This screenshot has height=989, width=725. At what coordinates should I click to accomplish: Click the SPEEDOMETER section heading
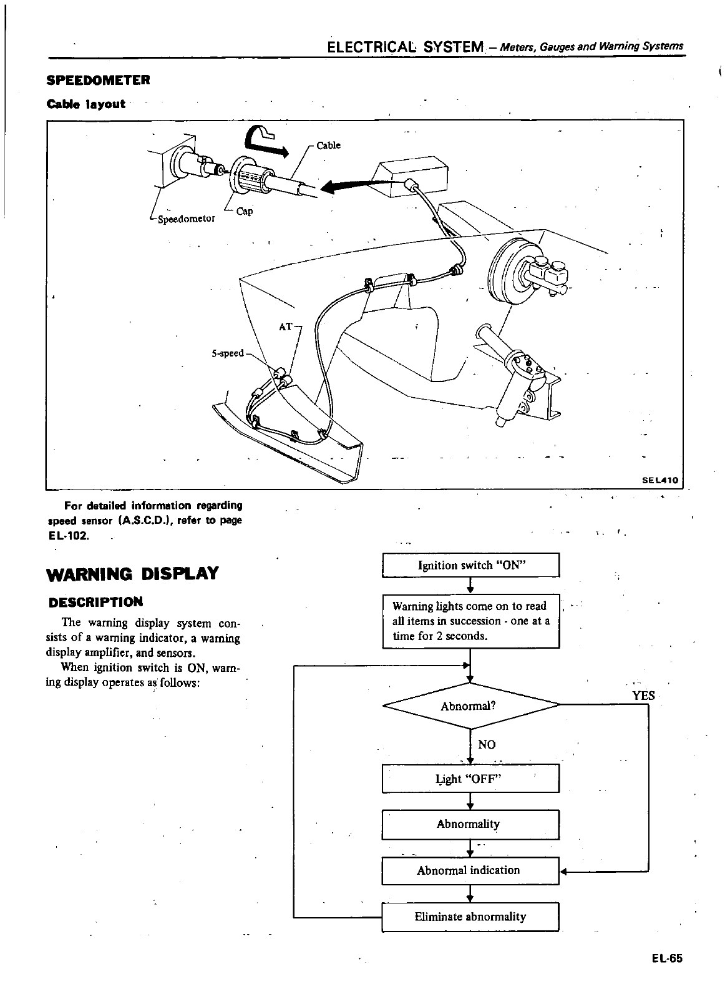tap(99, 81)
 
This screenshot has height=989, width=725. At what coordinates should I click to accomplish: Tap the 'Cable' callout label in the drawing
tap(329, 145)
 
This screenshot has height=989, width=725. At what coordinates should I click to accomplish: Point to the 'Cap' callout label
tap(245, 211)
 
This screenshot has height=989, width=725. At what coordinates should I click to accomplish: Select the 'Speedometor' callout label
tap(186, 219)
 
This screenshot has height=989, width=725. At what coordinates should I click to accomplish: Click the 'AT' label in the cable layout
tap(285, 326)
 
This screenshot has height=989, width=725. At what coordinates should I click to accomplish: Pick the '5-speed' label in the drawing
tap(227, 353)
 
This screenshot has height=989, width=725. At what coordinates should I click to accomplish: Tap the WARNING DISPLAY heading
tap(133, 573)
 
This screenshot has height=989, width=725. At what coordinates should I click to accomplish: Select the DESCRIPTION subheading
tap(95, 603)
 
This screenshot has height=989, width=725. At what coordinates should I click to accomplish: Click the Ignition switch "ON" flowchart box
tap(471, 566)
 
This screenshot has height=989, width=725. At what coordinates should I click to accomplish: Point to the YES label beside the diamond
tap(643, 696)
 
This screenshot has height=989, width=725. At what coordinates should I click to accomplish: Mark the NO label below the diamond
tap(486, 744)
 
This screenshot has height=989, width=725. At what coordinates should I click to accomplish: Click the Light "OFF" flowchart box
tap(470, 779)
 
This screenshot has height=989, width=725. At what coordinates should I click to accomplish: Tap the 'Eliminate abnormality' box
tap(470, 917)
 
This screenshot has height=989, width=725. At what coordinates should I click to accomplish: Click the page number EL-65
tap(669, 959)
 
